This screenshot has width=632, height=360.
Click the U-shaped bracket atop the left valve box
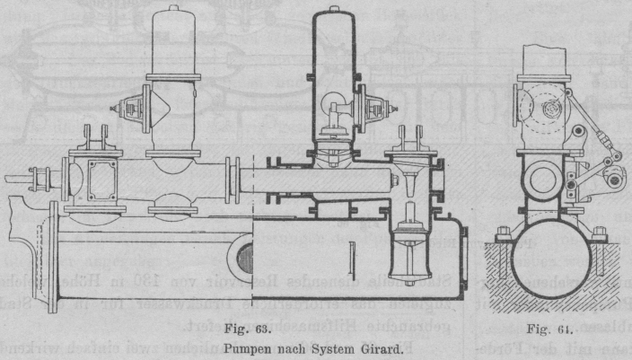tap(94, 136)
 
